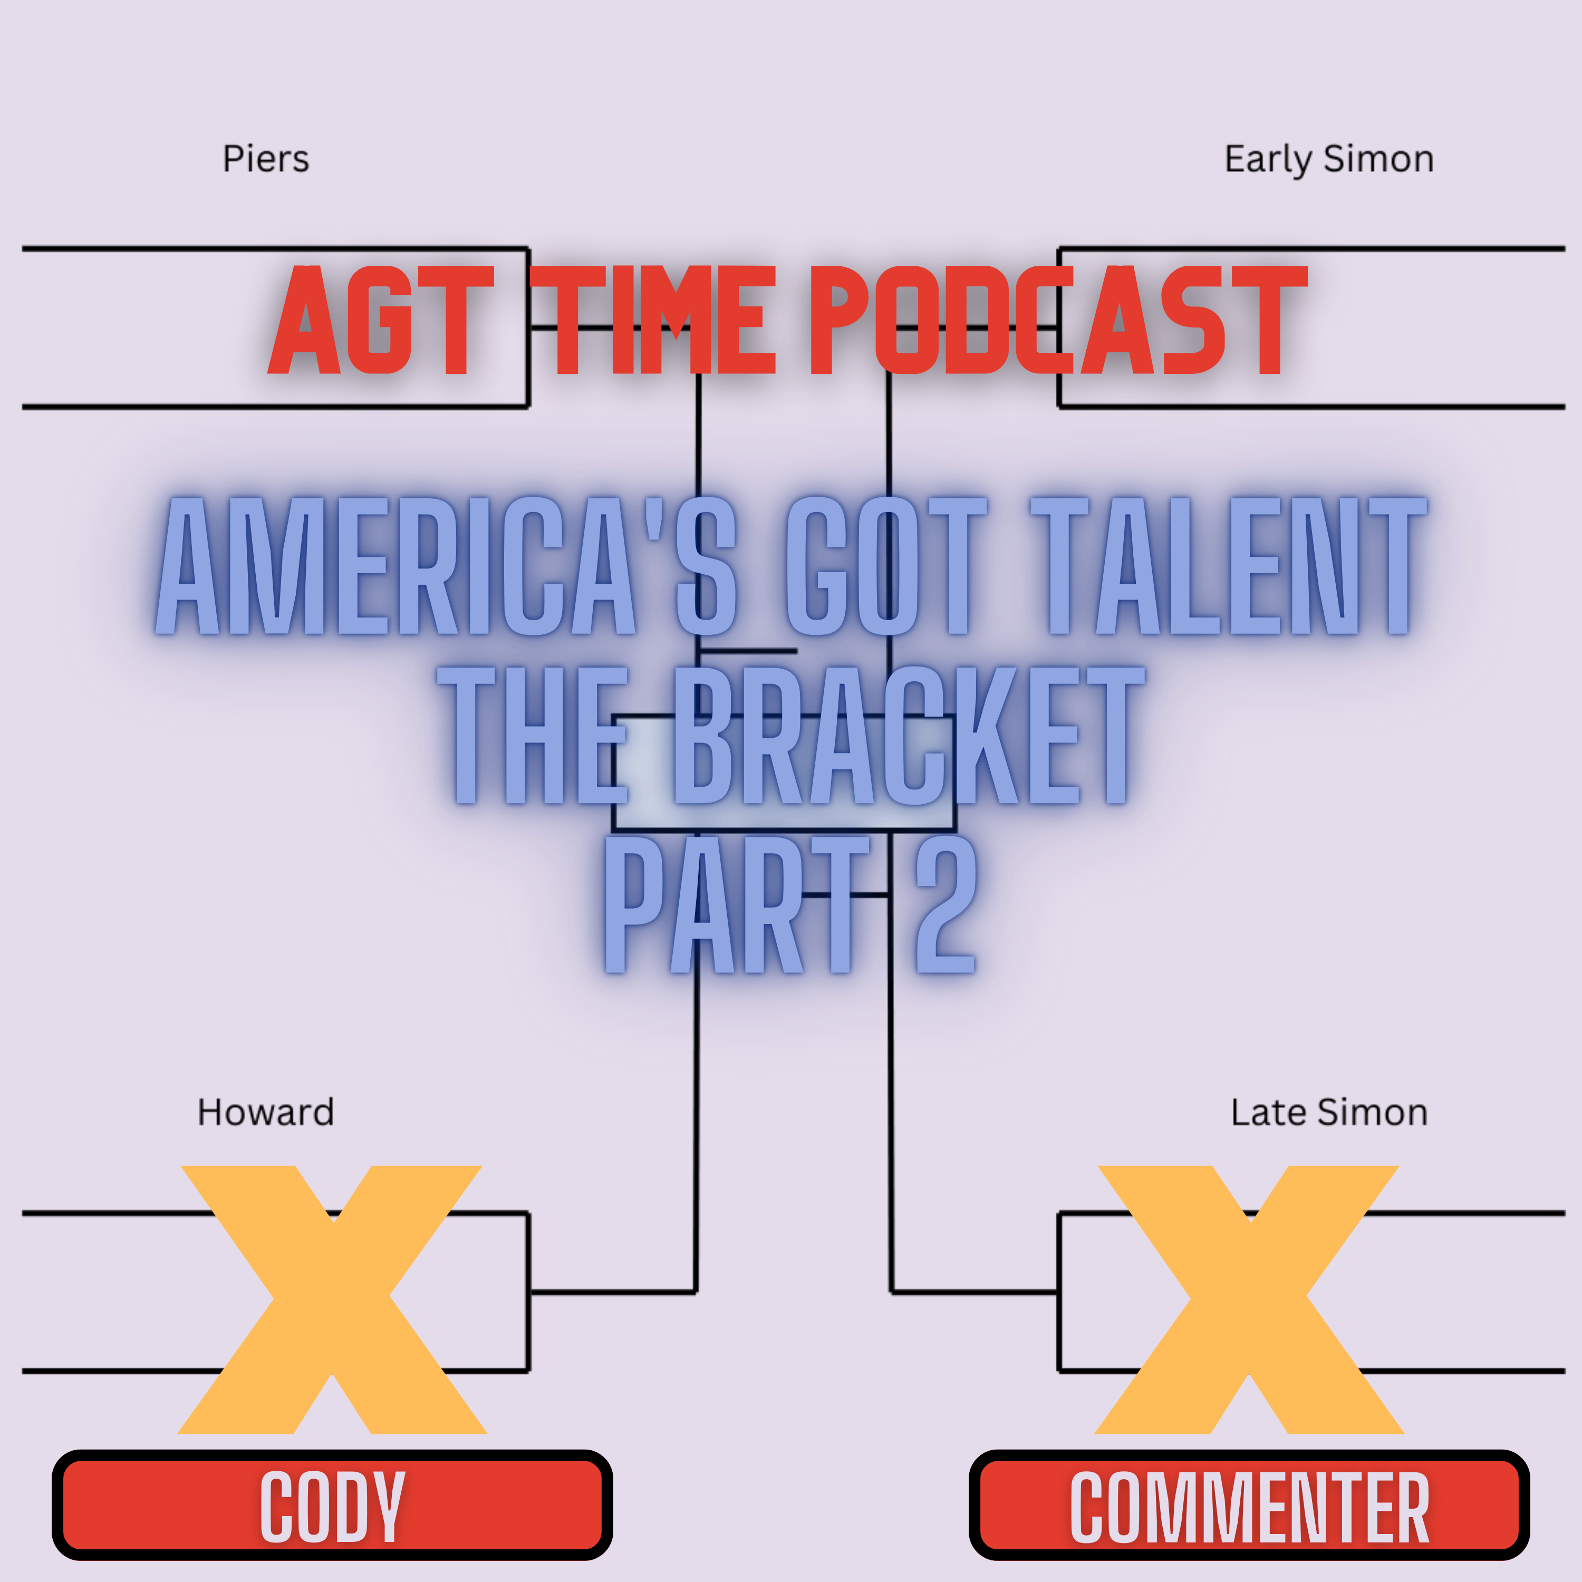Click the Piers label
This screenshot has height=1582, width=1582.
266,159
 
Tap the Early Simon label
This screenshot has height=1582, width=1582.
1328,159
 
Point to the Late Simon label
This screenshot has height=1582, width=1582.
1329,1112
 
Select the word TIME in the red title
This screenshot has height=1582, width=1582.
653,321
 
